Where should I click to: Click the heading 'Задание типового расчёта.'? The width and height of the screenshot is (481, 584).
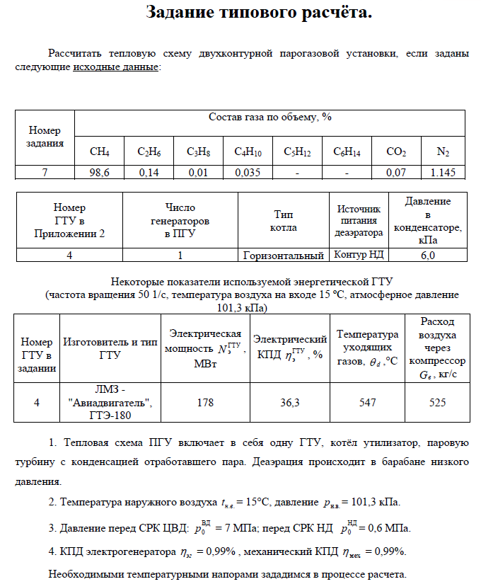point(258,12)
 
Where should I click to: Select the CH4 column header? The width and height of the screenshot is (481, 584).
point(99,151)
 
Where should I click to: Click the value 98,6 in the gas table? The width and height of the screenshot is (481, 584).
point(99,172)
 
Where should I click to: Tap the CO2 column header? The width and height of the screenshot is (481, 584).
point(396,151)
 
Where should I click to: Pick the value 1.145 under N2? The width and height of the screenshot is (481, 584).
point(443,172)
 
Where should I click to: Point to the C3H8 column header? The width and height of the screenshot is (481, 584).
point(197,151)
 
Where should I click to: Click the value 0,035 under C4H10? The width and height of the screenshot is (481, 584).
point(247,172)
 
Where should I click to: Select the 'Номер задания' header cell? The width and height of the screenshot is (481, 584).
point(45,137)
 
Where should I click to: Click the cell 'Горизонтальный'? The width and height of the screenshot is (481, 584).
point(283,256)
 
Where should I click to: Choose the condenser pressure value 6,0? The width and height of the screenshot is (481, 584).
point(428,256)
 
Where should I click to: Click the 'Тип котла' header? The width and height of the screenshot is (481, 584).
point(283,221)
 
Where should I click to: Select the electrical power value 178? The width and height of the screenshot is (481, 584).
point(205,402)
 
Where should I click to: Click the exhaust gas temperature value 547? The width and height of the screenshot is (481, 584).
point(367,402)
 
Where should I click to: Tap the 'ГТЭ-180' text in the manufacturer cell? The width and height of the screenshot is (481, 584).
point(110,416)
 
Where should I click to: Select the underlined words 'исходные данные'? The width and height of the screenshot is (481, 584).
point(116,68)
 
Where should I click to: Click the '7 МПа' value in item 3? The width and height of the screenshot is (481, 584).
point(231,529)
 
